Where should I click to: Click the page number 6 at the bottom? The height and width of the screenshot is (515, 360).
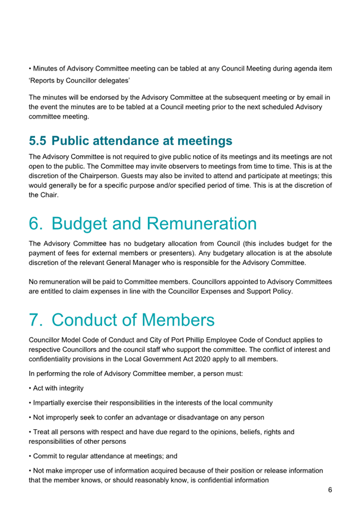pyautogui.click(x=330, y=490)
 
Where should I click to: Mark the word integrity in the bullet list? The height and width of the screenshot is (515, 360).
pyautogui.click(x=68, y=389)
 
